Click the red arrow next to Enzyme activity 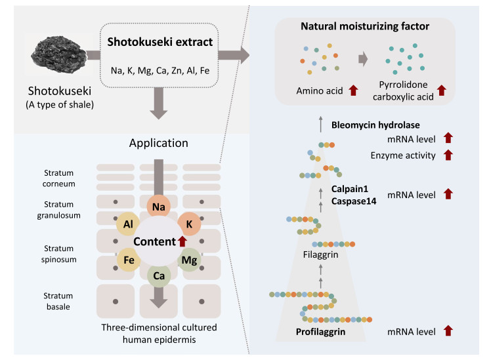448,155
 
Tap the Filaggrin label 320,254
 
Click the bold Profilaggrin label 320,332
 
